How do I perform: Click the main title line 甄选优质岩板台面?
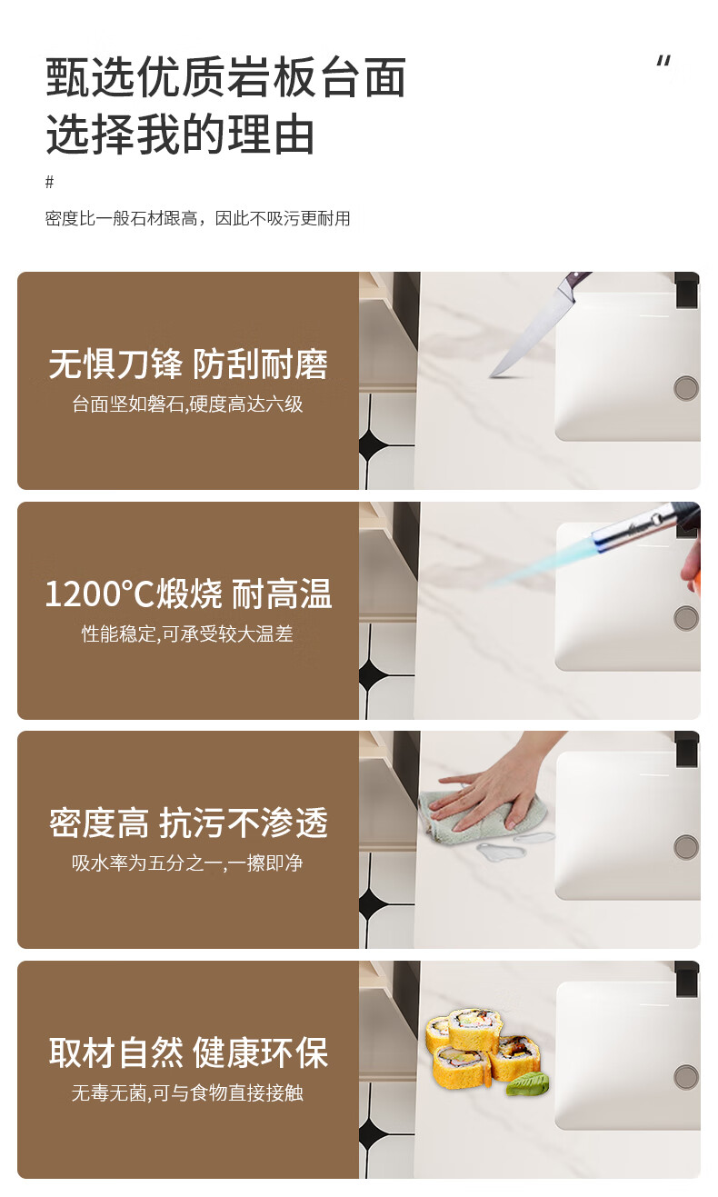225,77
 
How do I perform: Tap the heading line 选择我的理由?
180,135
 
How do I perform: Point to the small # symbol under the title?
49,182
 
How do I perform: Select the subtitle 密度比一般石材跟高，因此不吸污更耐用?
197,218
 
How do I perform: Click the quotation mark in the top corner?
663,62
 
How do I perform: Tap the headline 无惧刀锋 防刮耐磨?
188,364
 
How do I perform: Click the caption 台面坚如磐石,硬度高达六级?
187,404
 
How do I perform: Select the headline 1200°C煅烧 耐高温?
188,594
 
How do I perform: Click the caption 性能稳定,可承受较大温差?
187,633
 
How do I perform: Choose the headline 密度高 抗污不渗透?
188,823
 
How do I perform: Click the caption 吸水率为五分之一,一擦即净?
187,863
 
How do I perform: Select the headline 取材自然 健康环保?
188,1052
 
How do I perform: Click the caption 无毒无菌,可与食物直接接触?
187,1092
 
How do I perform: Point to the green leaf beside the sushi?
527,1084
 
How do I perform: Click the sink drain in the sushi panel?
686,1077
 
